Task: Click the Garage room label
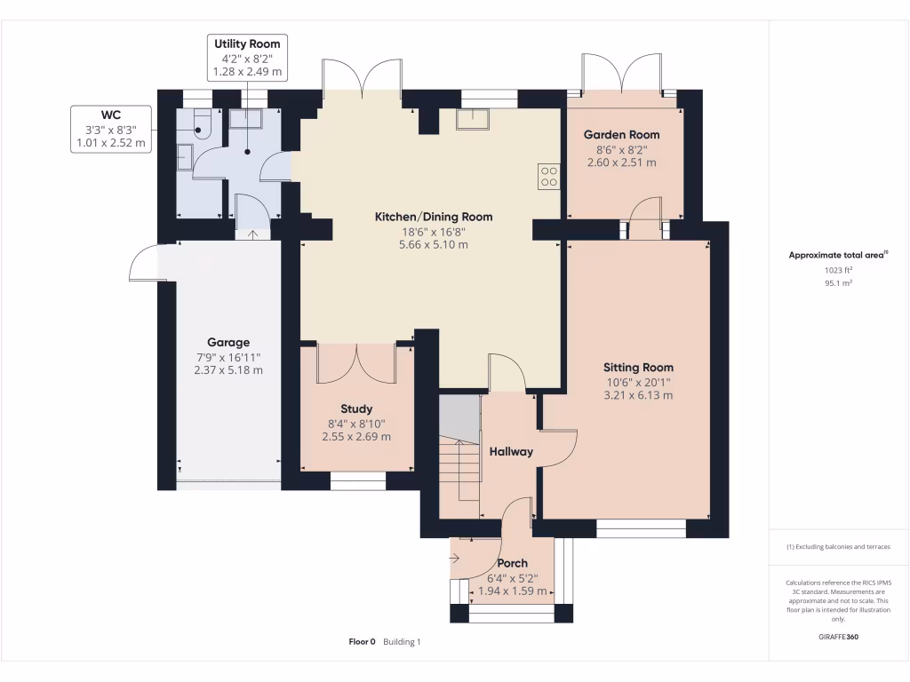click(228, 342)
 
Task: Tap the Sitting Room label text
click(638, 367)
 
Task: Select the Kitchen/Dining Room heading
click(433, 217)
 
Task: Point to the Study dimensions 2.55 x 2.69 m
click(356, 437)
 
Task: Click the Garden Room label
click(621, 134)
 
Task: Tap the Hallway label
click(511, 451)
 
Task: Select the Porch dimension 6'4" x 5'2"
click(512, 577)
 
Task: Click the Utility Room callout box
click(247, 57)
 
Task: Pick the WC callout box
click(111, 129)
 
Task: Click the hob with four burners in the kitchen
click(548, 177)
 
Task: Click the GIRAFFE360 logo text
click(838, 637)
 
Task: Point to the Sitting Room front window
click(641, 530)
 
